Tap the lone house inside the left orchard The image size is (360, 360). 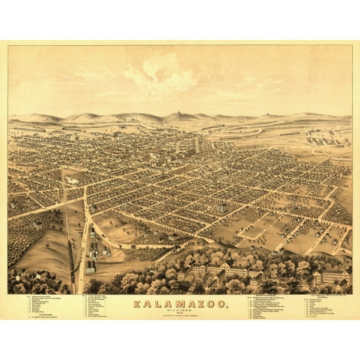[36, 224]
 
